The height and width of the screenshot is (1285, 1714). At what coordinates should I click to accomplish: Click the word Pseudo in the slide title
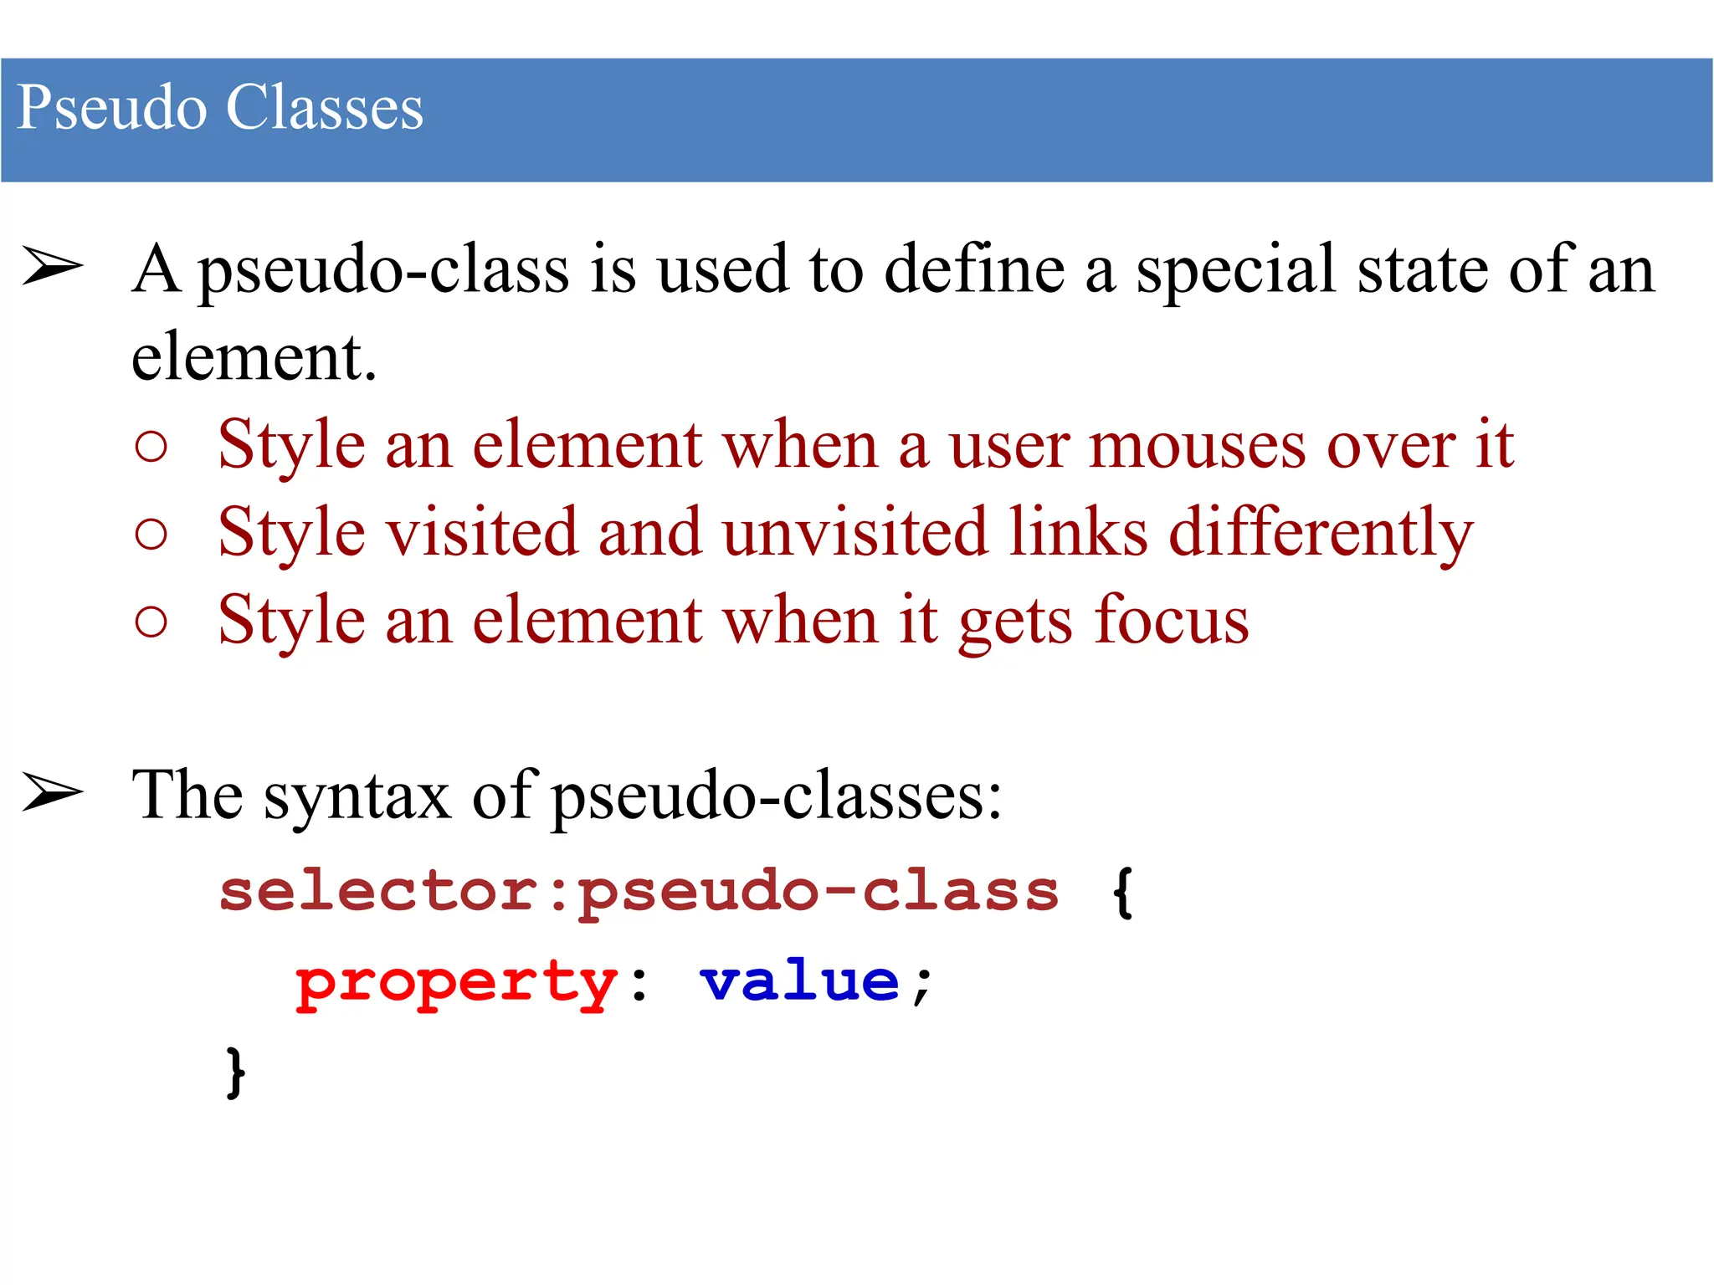(x=111, y=108)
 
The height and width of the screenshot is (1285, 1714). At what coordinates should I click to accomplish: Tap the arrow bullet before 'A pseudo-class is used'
(x=53, y=267)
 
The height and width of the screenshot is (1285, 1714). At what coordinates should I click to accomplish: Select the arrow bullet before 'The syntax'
(x=53, y=792)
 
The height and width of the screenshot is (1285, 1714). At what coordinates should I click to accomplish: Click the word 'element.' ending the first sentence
(x=254, y=357)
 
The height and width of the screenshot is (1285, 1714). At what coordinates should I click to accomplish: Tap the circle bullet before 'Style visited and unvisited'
(x=151, y=534)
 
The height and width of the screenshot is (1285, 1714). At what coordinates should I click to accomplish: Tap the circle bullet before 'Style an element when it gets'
(x=151, y=622)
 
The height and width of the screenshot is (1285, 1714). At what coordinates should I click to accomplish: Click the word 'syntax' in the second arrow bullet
(x=357, y=796)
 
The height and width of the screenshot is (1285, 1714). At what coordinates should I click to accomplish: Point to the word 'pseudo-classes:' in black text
(x=777, y=796)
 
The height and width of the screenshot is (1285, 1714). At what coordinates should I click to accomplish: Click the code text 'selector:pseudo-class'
(x=639, y=892)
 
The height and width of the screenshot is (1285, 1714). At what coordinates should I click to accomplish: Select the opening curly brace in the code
(x=1122, y=892)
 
